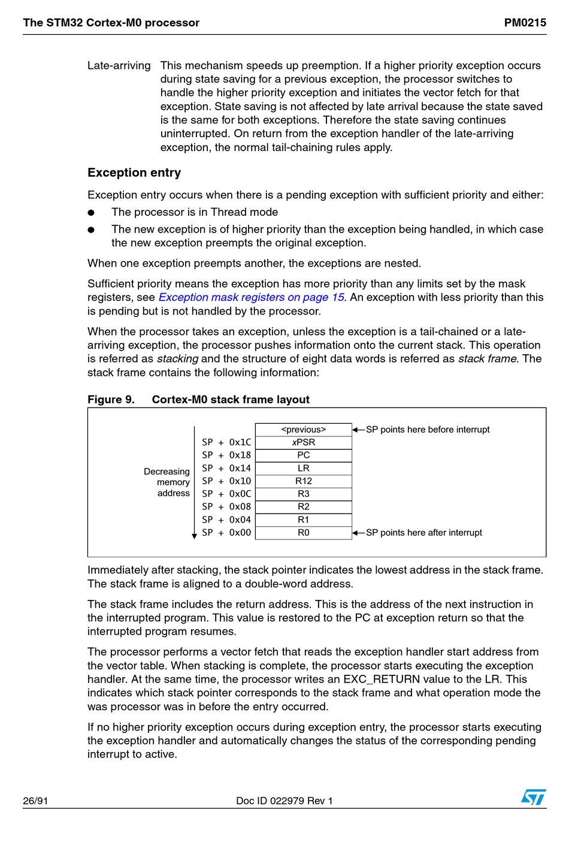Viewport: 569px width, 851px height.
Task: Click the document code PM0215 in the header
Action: [525, 23]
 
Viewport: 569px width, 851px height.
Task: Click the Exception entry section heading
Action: [134, 173]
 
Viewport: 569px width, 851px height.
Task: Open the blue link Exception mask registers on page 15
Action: [251, 297]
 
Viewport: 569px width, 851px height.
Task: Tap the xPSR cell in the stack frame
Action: [304, 442]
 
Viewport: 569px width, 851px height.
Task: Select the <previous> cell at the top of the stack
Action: [304, 430]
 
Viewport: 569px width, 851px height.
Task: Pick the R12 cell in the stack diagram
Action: [304, 481]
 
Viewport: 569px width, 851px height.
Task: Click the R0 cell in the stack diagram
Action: [304, 532]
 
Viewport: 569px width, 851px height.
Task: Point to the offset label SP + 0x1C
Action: [226, 442]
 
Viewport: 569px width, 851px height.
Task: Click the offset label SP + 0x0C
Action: [226, 494]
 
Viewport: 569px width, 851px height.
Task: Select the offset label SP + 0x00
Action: [226, 532]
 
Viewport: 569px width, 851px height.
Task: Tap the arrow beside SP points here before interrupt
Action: [358, 430]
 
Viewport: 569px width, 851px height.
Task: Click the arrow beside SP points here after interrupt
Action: [358, 532]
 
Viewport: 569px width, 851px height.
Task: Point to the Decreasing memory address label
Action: [167, 482]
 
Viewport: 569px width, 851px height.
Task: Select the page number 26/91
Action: [35, 801]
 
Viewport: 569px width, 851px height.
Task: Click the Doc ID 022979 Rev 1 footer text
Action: [284, 801]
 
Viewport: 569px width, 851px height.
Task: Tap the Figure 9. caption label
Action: [111, 400]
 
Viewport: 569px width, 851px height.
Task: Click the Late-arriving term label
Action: [119, 65]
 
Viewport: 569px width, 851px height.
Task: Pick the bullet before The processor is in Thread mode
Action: [91, 212]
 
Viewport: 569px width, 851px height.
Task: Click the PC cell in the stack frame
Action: [304, 455]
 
